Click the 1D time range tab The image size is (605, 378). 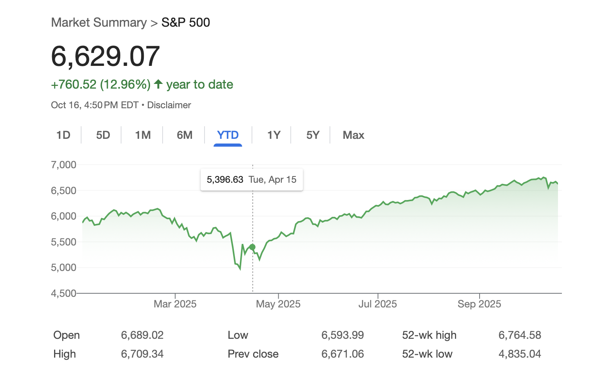[x=63, y=135]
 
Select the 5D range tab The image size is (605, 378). [x=103, y=135]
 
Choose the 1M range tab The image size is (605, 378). [x=143, y=135]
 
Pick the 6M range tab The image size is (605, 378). [x=185, y=135]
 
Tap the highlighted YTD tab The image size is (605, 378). [x=228, y=135]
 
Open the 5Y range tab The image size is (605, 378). [x=313, y=135]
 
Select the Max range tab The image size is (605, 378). [x=353, y=135]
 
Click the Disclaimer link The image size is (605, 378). [x=169, y=105]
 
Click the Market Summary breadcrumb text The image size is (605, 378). [x=99, y=23]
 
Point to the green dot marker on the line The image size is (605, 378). [x=252, y=247]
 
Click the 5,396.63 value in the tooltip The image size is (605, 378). [x=225, y=180]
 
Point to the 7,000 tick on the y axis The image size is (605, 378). [x=63, y=165]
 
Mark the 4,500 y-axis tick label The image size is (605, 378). [x=63, y=293]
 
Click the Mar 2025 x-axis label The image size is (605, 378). [x=175, y=304]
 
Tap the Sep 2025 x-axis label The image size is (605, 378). [x=479, y=304]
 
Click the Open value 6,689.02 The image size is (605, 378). [x=142, y=335]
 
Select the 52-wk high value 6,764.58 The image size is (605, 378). [x=520, y=335]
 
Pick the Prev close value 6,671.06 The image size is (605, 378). [x=342, y=354]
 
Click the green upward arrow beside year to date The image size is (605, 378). [x=158, y=84]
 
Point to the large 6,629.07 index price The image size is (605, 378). [x=105, y=56]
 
